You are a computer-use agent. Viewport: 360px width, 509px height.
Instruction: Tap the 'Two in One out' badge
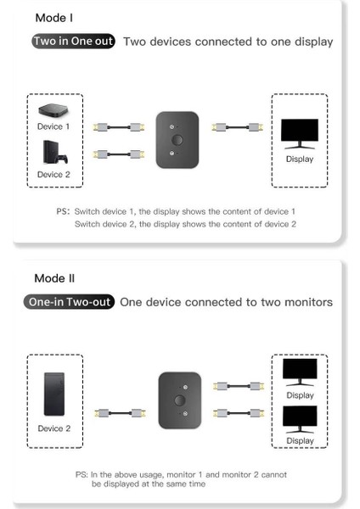(73, 41)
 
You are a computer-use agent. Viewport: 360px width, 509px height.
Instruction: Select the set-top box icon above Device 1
(53, 110)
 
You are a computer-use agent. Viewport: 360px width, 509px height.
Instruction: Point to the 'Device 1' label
(53, 126)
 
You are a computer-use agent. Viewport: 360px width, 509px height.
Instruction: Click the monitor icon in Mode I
(299, 135)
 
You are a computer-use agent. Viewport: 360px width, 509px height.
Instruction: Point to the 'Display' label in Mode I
(299, 159)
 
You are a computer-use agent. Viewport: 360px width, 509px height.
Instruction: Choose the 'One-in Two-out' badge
(71, 302)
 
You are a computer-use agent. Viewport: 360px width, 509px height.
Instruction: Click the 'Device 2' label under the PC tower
(53, 428)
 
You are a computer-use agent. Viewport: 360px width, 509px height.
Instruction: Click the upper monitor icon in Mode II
(299, 372)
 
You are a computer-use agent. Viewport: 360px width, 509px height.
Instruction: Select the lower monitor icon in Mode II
(299, 417)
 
